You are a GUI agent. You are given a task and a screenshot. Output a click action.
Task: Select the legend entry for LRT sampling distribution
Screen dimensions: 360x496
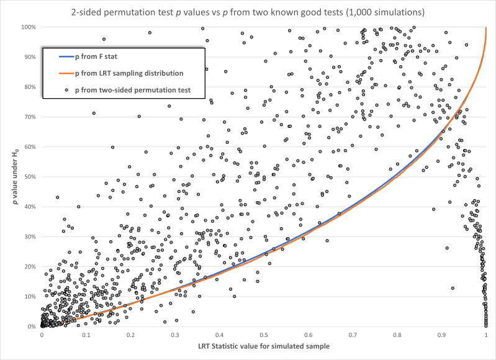click(129, 73)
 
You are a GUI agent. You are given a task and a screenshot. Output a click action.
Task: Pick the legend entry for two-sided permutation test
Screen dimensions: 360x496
click(132, 90)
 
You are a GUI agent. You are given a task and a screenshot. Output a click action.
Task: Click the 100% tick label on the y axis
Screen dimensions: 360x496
click(27, 27)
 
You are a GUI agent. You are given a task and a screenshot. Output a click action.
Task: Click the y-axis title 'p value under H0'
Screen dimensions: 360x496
click(11, 177)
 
